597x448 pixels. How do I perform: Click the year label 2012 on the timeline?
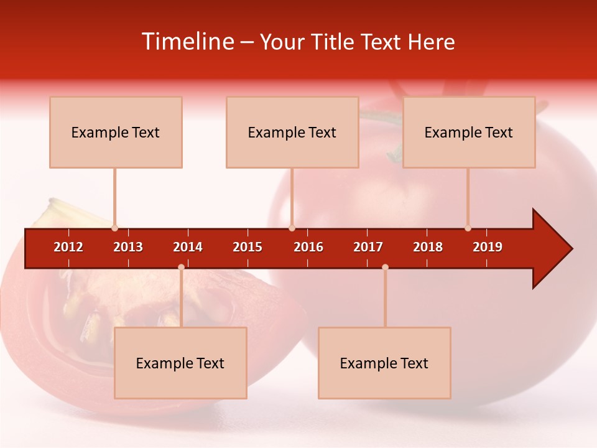click(x=68, y=247)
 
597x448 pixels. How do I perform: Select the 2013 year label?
click(x=128, y=247)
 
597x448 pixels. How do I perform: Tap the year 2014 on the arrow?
click(x=188, y=247)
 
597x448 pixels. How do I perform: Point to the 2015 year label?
click(x=248, y=247)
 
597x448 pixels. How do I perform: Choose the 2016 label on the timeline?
click(x=308, y=247)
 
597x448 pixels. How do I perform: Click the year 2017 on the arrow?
click(x=368, y=247)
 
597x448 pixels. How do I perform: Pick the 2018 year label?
click(x=428, y=247)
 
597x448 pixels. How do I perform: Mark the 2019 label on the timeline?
click(x=488, y=247)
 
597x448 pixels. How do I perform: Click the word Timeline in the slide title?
click(x=187, y=42)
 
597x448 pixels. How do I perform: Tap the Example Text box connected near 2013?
click(x=116, y=133)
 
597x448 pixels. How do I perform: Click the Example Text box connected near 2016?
click(x=292, y=133)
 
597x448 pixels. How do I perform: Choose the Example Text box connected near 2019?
click(x=469, y=133)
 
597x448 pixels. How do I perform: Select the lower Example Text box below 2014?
click(x=180, y=363)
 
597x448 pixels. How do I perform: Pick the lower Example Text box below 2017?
click(x=384, y=363)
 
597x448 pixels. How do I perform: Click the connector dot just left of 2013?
click(x=114, y=228)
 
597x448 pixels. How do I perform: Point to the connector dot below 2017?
click(x=385, y=267)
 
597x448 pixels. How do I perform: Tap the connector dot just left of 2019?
click(x=468, y=228)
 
